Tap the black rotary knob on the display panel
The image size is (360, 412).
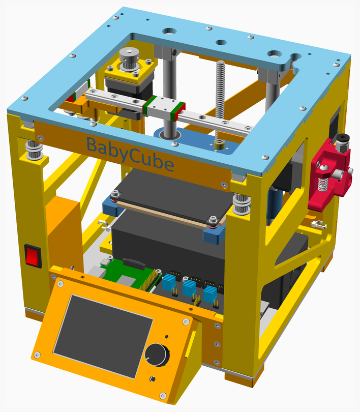coord(157,355)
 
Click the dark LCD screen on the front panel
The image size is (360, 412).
coord(103,336)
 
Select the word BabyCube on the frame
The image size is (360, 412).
coord(130,154)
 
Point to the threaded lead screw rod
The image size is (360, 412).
coord(220,100)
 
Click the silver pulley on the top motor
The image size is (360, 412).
coord(129,59)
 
